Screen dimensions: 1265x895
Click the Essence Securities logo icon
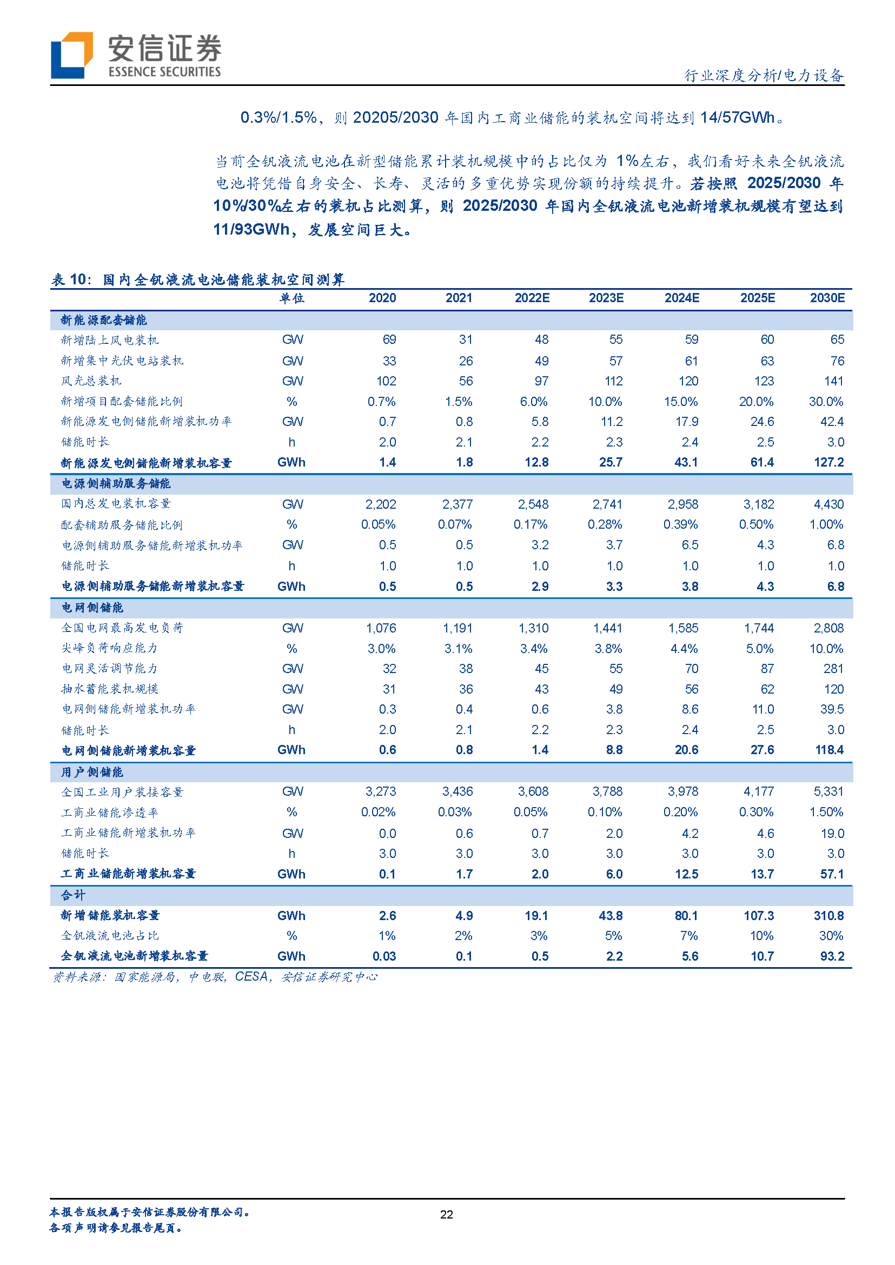click(71, 55)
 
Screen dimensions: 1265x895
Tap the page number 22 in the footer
click(446, 1214)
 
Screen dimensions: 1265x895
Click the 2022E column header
click(532, 298)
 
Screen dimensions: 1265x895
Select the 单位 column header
click(291, 298)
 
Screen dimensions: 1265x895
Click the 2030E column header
click(827, 298)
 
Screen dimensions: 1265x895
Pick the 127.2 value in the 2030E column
click(828, 462)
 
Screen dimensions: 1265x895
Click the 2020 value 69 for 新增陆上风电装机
click(389, 339)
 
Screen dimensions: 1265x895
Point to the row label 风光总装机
click(91, 381)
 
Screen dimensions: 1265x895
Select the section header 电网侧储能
click(92, 607)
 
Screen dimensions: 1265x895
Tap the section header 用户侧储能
click(92, 772)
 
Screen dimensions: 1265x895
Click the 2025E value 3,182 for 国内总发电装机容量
click(758, 504)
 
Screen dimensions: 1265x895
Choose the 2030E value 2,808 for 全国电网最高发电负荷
click(828, 628)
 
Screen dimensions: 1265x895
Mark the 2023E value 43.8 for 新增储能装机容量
click(610, 916)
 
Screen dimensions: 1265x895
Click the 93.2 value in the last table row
click(832, 956)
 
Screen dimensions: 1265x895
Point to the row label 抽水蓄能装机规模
click(110, 689)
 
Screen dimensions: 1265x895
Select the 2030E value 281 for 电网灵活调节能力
click(833, 669)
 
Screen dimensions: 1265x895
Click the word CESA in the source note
click(251, 977)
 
